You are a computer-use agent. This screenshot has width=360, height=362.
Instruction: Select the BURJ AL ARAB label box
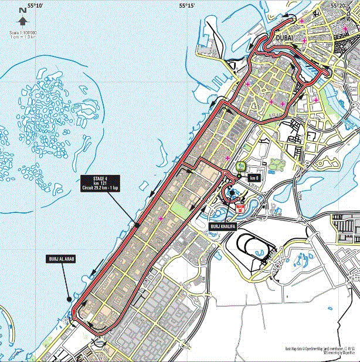tap(59, 258)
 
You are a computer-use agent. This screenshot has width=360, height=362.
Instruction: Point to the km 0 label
tap(253, 178)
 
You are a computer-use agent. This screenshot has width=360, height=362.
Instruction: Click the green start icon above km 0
tap(240, 166)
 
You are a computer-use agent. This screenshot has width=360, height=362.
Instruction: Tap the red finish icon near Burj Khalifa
tap(239, 207)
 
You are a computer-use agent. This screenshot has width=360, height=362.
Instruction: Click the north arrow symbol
tap(22, 21)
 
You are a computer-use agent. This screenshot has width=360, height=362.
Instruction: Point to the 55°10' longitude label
tap(36, 5)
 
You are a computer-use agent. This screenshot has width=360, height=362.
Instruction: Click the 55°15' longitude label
tap(187, 5)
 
